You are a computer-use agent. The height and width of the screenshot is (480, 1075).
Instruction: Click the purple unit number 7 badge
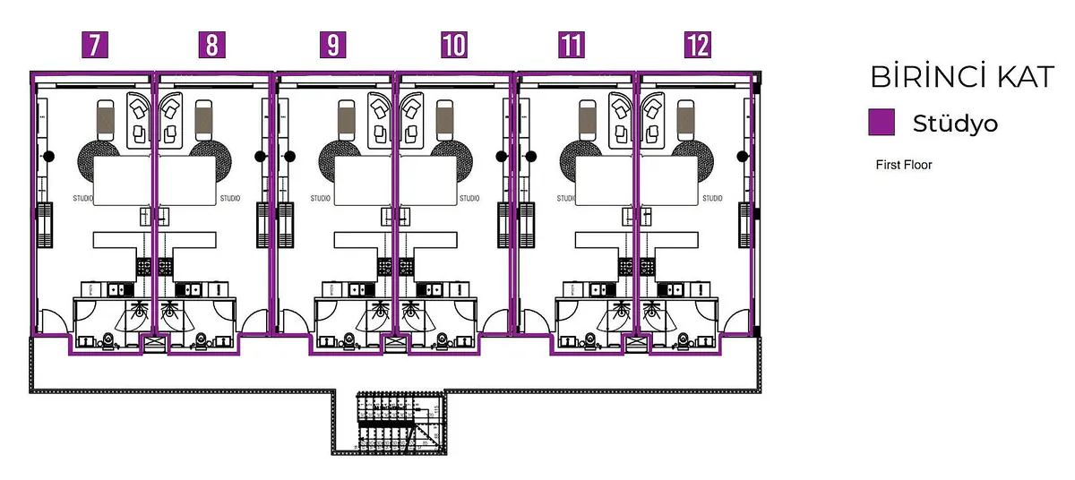[x=96, y=45]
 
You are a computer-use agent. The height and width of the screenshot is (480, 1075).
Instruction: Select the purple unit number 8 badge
[x=211, y=45]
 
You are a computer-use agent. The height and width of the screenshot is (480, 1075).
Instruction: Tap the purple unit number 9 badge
[x=333, y=45]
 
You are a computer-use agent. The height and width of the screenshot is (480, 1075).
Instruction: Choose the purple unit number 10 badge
[x=454, y=45]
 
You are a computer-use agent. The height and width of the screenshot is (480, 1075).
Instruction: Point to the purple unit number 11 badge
[x=571, y=45]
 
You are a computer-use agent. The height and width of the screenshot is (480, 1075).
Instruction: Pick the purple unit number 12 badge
[x=697, y=45]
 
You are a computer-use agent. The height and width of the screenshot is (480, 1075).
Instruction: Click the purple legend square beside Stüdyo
[x=882, y=123]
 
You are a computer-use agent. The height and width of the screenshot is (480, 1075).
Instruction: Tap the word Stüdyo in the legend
[x=955, y=124]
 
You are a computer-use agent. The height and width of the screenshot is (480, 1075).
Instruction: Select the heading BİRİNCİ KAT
[x=962, y=78]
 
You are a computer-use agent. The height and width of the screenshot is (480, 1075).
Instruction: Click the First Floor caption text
[x=904, y=165]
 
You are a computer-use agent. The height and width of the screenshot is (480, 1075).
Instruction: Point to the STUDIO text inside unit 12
[x=712, y=198]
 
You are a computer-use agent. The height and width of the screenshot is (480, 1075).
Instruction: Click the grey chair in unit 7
[x=106, y=117]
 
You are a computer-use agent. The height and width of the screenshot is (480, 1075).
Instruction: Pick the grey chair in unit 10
[x=444, y=117]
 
